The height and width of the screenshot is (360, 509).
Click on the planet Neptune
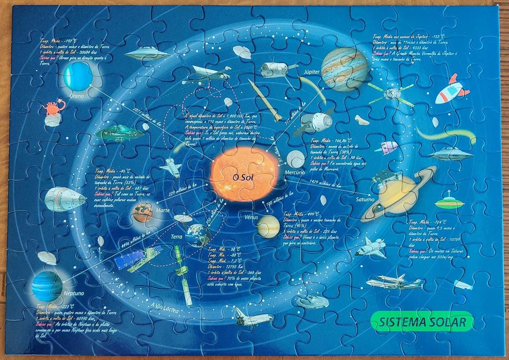tap(47, 286)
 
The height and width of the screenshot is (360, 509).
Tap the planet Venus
tap(268, 226)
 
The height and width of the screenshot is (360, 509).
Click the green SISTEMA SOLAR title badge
tap(421, 322)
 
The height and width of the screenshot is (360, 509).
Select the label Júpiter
tap(312, 71)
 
